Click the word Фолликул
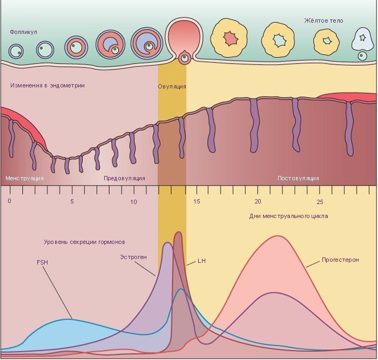tap(23, 32)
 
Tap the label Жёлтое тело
tap(323, 21)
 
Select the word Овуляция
tap(172, 86)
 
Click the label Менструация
tap(24, 178)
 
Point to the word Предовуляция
tap(124, 178)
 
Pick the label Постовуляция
tap(298, 178)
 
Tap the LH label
tap(202, 261)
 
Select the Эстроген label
tap(133, 257)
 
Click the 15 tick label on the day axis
tap(197, 201)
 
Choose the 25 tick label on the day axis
tap(320, 201)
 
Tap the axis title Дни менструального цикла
tap(289, 216)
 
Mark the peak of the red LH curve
tap(178, 233)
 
